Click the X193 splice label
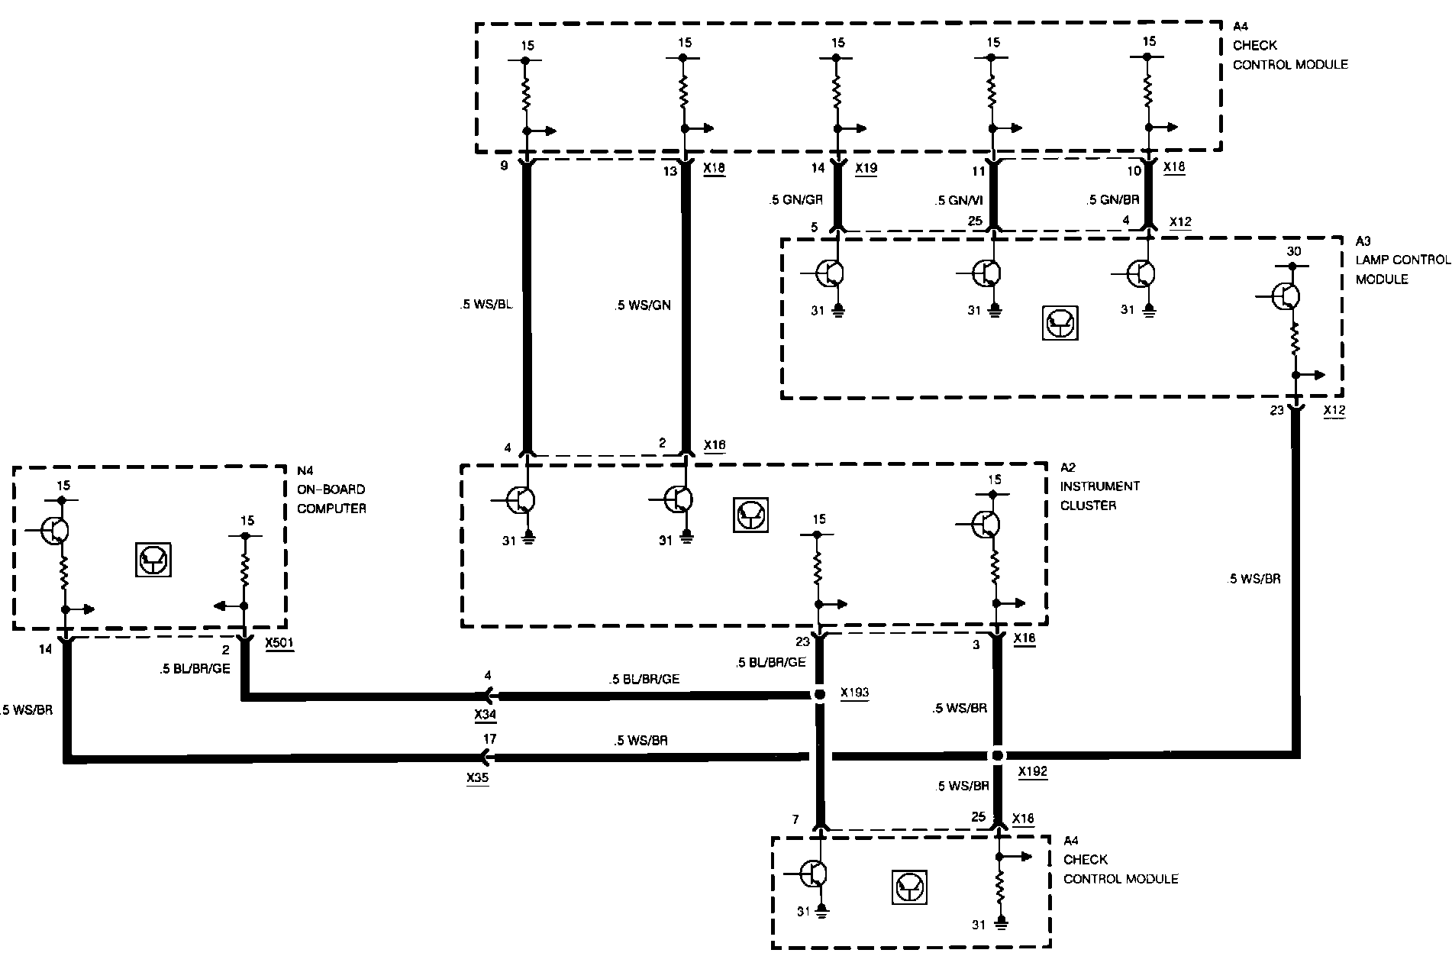coord(854,693)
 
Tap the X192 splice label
coord(1032,771)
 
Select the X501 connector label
coord(279,644)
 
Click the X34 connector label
coord(485,715)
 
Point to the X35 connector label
coord(477,779)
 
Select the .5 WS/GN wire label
coord(642,305)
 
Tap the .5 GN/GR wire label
coord(795,201)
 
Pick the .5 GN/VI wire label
coord(958,201)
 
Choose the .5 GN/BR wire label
coord(1113,201)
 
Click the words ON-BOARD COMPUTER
coord(331,499)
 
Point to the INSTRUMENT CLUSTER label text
coord(1099,496)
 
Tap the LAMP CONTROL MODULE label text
coord(1402,270)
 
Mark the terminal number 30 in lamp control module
coord(1293,251)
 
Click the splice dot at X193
coord(819,696)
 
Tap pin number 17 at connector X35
coord(489,739)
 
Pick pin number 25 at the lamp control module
coord(973,221)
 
